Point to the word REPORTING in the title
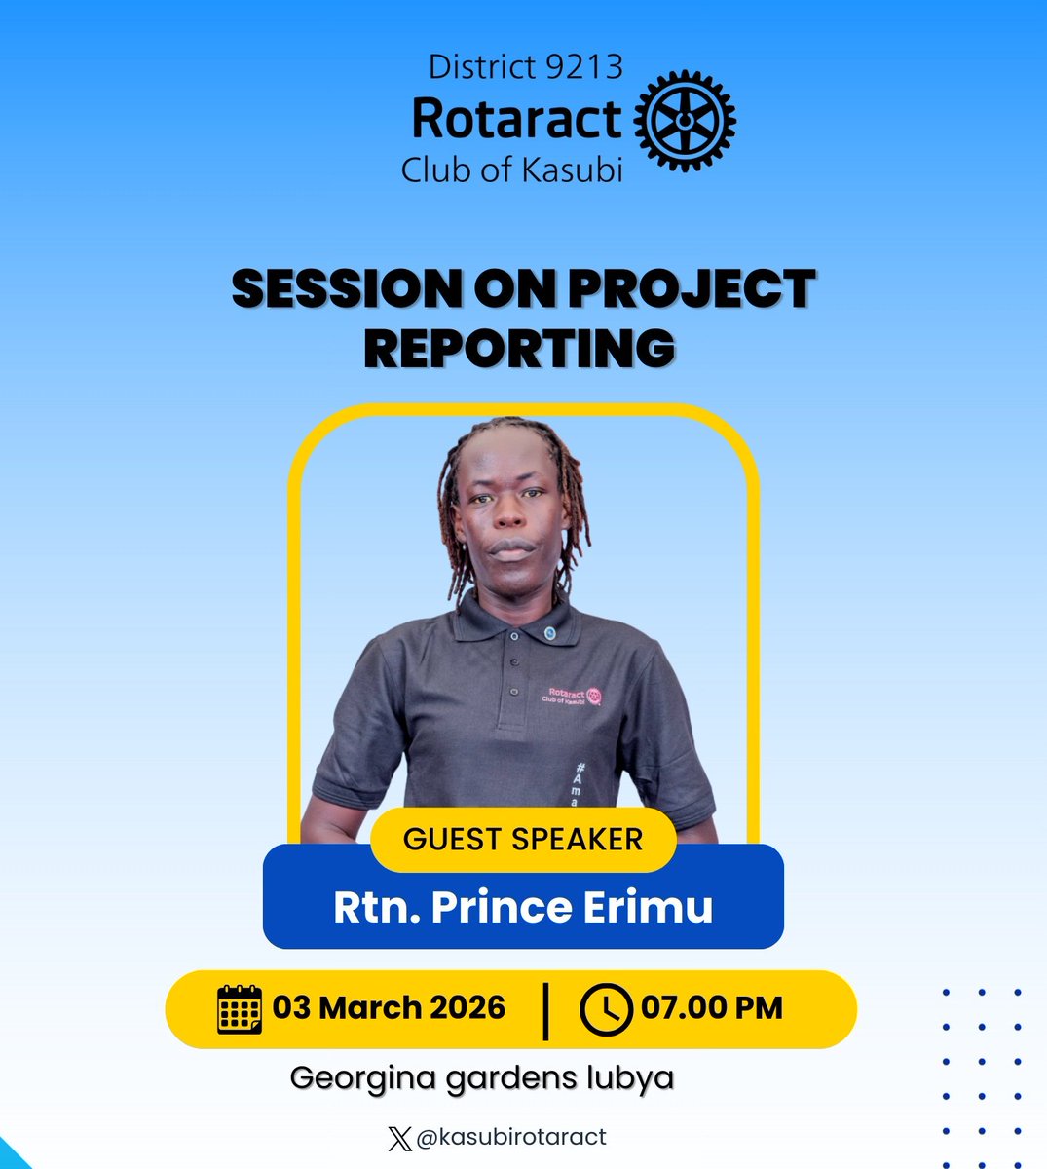click(x=520, y=348)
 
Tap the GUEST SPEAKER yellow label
click(x=523, y=840)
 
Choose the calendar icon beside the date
click(x=240, y=1008)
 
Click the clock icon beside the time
click(x=605, y=1009)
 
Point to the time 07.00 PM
click(x=712, y=1007)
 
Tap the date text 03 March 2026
click(x=389, y=1007)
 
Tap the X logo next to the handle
click(x=399, y=1138)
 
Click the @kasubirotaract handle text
click(x=511, y=1137)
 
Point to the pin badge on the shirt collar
click(x=550, y=633)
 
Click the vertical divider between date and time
click(x=544, y=1010)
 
